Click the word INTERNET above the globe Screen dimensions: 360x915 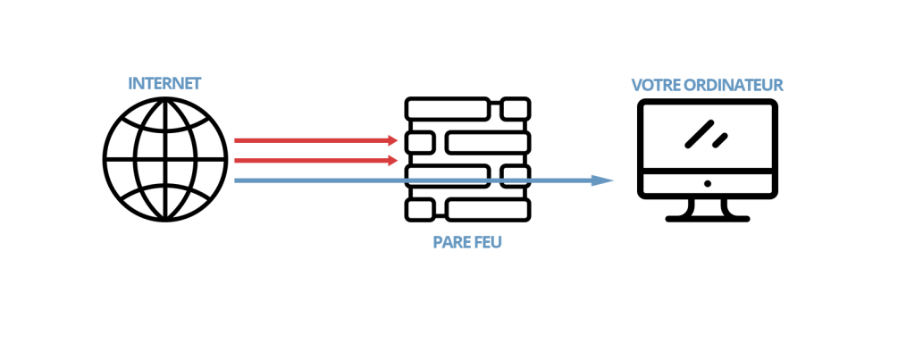164,83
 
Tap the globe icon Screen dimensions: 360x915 164,161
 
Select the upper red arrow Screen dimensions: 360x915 313,140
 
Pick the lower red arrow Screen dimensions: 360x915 313,161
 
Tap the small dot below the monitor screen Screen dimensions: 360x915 708,184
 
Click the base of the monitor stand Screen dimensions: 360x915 708,217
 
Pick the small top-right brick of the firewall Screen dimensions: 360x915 515,110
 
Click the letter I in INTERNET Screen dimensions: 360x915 131,83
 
